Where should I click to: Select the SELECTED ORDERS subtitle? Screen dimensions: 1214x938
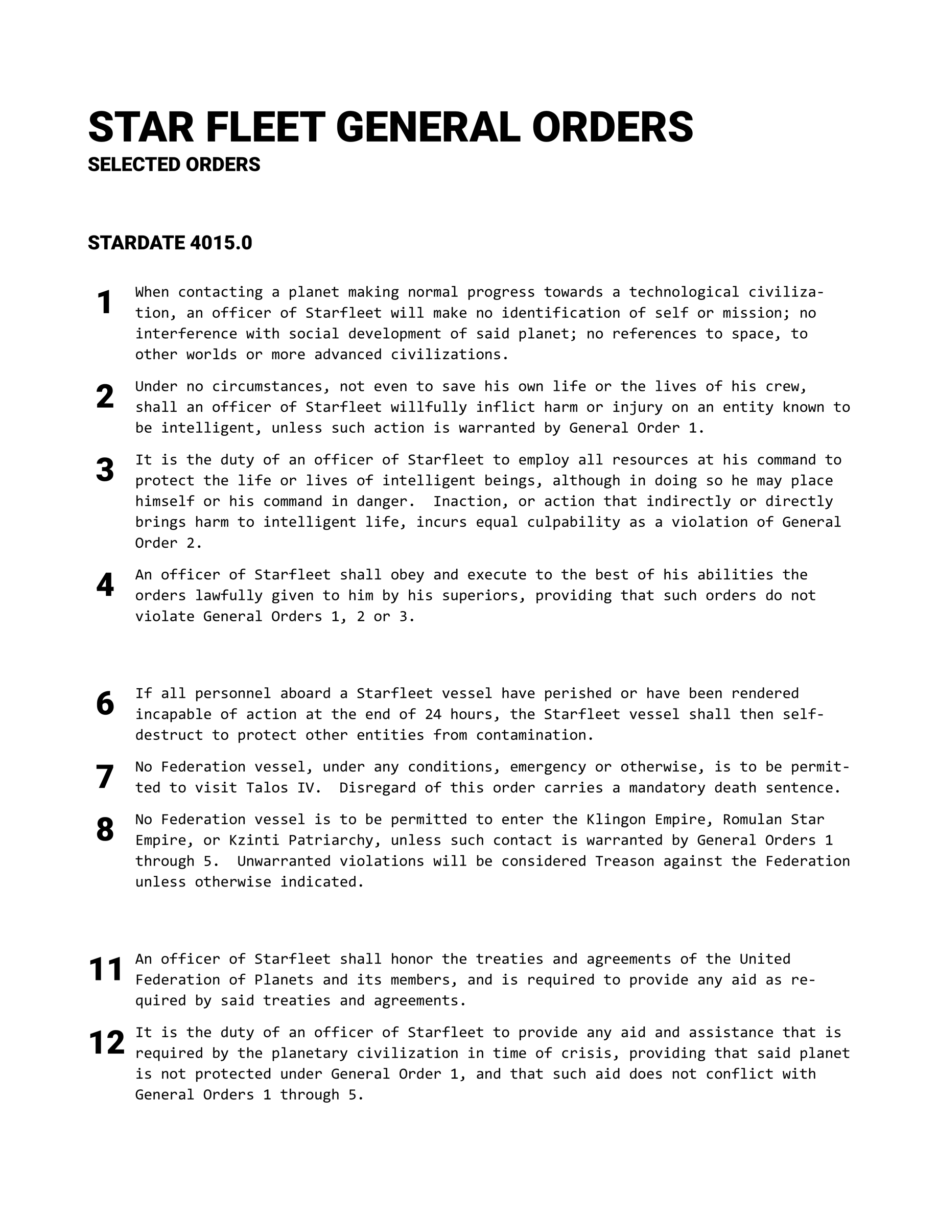point(174,165)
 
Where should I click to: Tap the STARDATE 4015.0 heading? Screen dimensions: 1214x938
point(170,243)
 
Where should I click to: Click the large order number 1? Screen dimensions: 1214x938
point(104,303)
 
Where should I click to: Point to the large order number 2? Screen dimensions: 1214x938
point(104,397)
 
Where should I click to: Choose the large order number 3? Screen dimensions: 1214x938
point(104,470)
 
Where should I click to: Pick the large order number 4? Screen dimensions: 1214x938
point(104,586)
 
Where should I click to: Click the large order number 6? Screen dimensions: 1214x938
point(104,704)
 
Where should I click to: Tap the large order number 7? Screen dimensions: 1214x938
point(104,777)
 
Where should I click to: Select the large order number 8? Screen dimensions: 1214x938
point(104,830)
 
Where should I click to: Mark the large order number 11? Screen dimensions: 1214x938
point(106,969)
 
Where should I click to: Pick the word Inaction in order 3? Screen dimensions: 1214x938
point(471,501)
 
